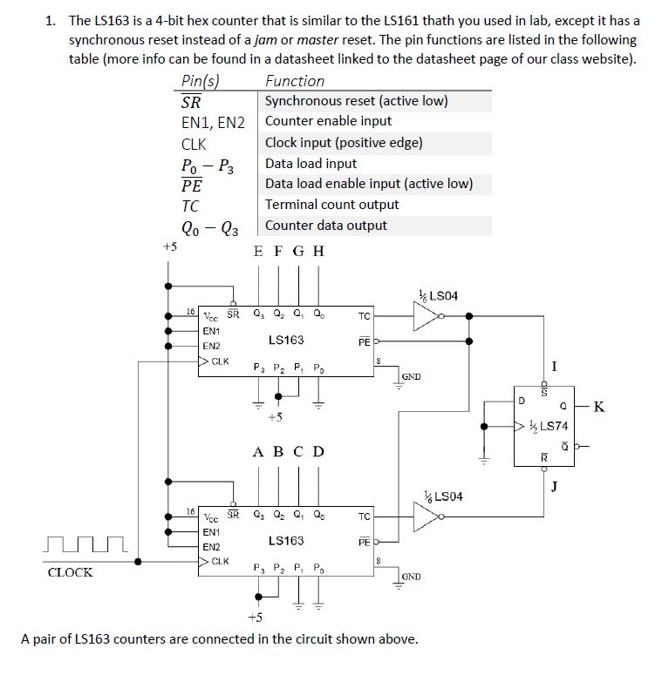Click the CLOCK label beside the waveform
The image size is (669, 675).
70,572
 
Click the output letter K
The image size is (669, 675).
598,406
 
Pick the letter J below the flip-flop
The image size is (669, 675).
556,486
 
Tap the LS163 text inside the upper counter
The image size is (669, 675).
286,340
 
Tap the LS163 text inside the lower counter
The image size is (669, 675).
286,541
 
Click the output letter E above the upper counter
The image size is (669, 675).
257,251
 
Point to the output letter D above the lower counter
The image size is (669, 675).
318,451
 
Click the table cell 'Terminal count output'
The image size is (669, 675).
331,205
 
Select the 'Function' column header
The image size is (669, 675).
295,81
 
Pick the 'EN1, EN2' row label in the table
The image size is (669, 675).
213,122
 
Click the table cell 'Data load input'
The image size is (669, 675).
311,163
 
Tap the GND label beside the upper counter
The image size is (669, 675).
412,376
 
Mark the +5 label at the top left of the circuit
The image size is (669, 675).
170,246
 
